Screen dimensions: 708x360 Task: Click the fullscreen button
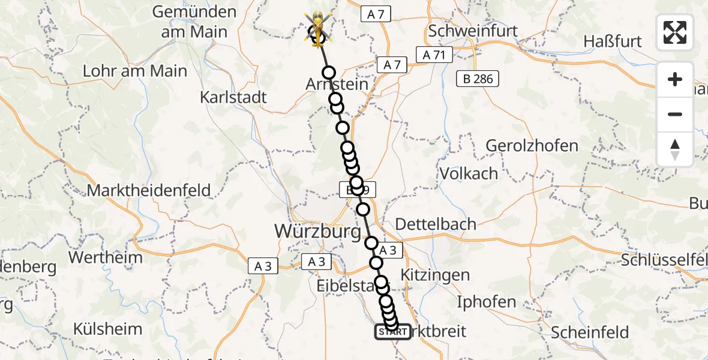tap(675, 32)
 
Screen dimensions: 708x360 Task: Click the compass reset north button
tap(675, 149)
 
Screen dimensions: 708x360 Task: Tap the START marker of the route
tap(393, 332)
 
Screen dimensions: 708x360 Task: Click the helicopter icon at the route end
tap(316, 29)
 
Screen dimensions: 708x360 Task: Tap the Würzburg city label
tap(317, 230)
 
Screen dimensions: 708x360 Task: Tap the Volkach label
tap(469, 173)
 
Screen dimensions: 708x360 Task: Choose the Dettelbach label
tap(436, 224)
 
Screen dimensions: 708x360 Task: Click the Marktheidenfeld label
tap(149, 191)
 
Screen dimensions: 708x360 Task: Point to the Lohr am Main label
tap(135, 71)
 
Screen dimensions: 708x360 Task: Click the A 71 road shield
tap(434, 55)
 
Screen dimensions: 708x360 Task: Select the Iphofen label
tap(486, 302)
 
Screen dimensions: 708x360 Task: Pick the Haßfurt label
tap(612, 41)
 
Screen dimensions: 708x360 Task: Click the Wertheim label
tap(106, 258)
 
